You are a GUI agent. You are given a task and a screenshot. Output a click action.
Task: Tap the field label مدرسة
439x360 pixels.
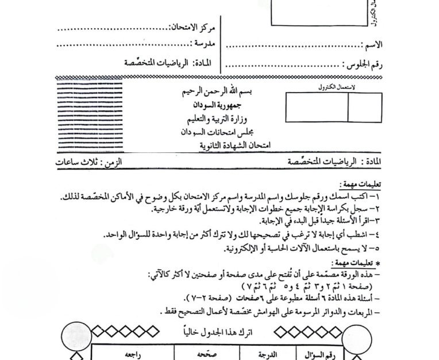[205, 44]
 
